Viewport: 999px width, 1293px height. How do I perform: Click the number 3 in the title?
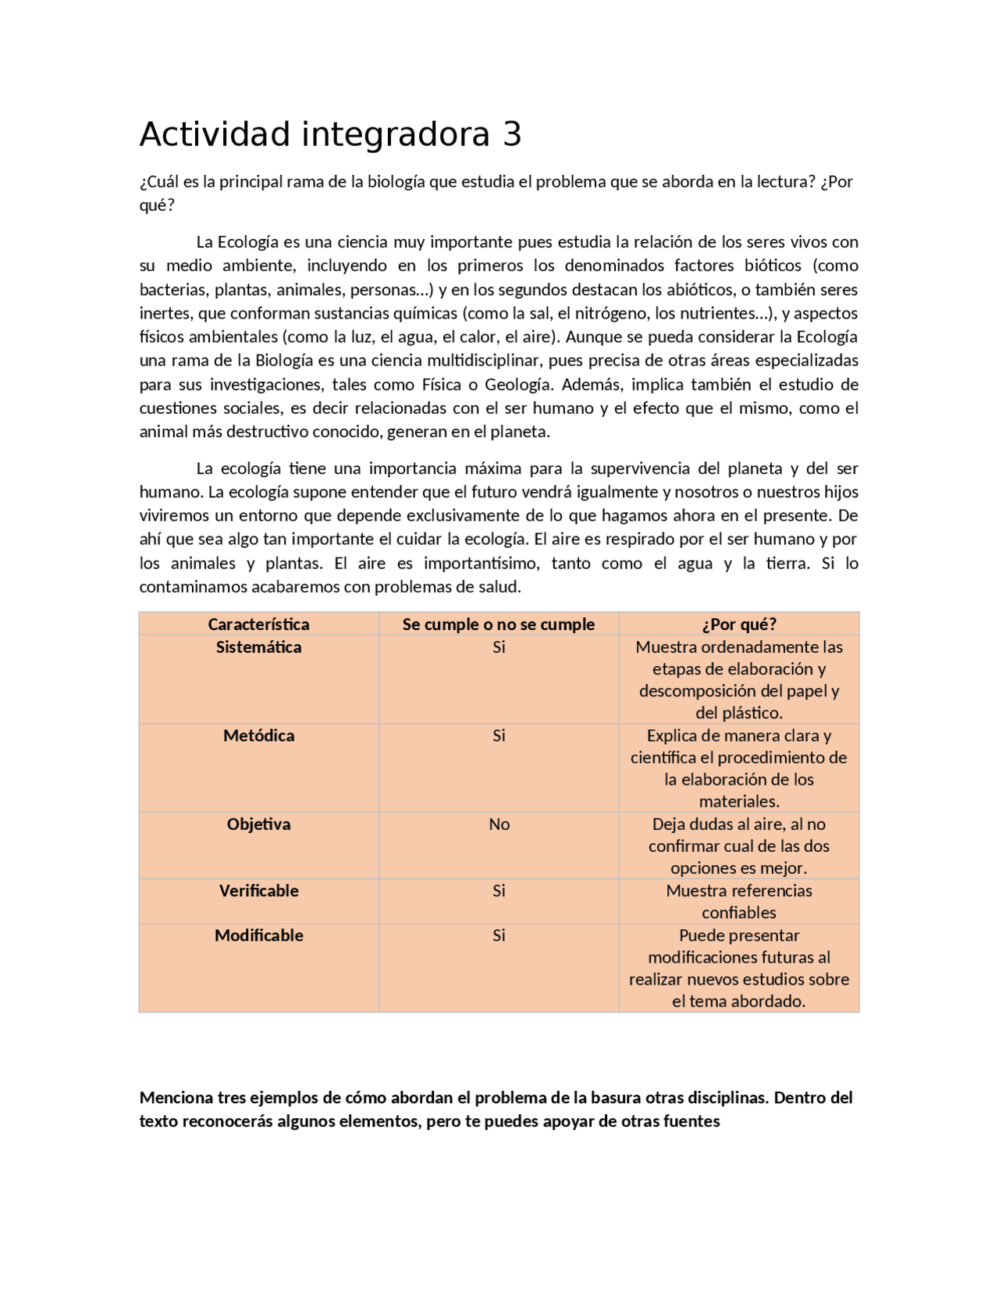[x=512, y=135]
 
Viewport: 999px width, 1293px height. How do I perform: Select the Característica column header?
[x=258, y=624]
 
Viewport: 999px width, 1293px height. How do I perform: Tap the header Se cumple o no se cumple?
[x=499, y=624]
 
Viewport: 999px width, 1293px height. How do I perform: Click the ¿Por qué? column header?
[x=738, y=624]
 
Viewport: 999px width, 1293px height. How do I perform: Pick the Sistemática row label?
[x=258, y=646]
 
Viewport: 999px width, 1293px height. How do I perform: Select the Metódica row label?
[x=258, y=736]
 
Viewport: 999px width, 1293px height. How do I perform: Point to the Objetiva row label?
[x=258, y=824]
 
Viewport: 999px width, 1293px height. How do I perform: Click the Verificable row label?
[x=258, y=890]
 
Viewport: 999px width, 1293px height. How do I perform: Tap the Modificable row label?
[x=258, y=935]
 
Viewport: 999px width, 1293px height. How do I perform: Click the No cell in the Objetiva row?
[x=499, y=824]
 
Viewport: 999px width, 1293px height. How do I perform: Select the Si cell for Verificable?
[x=499, y=890]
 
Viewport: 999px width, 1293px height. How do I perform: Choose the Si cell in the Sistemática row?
[x=499, y=646]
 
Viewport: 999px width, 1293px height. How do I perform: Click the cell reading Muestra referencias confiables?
[x=738, y=901]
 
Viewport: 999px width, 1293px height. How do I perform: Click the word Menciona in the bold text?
[x=176, y=1097]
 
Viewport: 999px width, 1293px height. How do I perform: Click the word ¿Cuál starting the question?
[x=158, y=182]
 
